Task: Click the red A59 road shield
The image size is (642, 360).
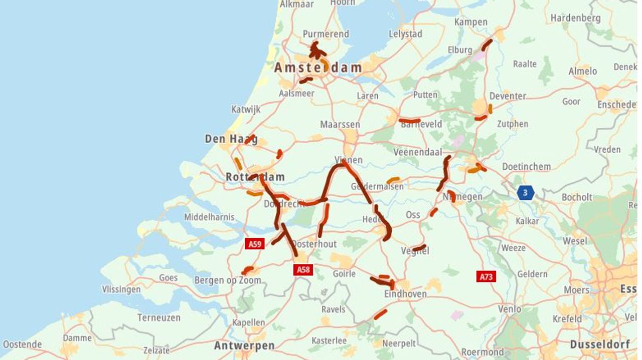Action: point(254,244)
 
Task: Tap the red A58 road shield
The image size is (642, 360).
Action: point(303,270)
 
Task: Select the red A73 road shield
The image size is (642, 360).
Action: point(486,276)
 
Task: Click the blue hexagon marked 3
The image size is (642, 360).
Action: point(525,192)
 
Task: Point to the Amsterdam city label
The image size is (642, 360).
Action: point(318,68)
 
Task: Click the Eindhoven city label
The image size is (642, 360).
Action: point(405,294)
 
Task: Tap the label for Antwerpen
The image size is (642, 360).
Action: point(244,346)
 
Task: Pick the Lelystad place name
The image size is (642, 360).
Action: point(405,34)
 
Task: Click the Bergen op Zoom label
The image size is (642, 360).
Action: point(228,280)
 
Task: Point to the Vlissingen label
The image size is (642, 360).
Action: point(121,289)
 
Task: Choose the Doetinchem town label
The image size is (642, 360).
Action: point(526,166)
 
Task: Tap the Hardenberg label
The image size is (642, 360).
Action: point(575,18)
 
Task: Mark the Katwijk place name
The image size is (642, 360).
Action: point(246,109)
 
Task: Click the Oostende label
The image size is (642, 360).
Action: point(22,344)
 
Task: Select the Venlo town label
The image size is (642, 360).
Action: point(509,309)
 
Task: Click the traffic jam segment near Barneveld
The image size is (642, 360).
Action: point(410,121)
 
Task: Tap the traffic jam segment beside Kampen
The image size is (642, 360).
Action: point(486,45)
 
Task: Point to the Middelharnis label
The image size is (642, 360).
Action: point(209,217)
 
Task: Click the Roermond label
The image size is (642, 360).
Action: point(483,351)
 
